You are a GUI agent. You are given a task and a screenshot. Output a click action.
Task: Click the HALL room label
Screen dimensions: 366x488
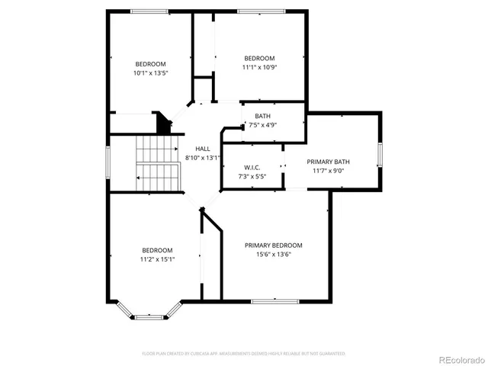pos(202,149)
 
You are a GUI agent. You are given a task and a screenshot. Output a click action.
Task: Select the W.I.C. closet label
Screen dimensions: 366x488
pos(253,167)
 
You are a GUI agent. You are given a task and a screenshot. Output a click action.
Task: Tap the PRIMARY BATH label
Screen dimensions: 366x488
pos(328,162)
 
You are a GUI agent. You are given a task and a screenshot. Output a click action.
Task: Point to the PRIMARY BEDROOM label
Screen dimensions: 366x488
pos(273,245)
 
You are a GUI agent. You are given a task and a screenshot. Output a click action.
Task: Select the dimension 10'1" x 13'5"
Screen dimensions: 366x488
pos(150,73)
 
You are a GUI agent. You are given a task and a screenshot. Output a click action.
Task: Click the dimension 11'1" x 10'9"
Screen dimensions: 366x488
pos(259,67)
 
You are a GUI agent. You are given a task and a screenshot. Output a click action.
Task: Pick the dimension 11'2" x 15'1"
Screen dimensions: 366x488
pos(157,259)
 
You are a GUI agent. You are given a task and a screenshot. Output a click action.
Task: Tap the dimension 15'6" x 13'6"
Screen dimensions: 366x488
pos(273,254)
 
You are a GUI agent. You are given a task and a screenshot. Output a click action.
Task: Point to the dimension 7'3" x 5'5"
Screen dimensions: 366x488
pos(253,176)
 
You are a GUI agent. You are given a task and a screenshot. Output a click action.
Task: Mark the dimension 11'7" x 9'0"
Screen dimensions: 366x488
pos(328,171)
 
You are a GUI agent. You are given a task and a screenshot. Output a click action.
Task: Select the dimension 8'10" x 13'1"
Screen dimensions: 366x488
pos(202,158)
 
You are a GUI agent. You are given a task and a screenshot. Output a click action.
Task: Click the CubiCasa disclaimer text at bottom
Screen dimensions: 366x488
pos(244,354)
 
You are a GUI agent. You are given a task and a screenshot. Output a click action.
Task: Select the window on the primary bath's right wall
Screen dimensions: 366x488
pos(379,152)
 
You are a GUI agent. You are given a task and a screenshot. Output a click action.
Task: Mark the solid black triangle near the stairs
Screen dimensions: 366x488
pos(162,123)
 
